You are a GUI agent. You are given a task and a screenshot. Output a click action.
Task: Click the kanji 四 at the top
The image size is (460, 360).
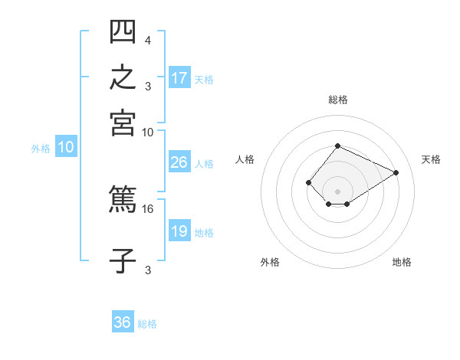[123, 31]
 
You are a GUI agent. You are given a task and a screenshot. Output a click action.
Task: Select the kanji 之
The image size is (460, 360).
[123, 77]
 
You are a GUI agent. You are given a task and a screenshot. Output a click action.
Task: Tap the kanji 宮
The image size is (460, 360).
[123, 123]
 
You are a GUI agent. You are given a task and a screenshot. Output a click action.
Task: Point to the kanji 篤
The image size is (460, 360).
[123, 198]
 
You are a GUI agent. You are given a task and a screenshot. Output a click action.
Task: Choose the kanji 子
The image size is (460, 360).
[123, 261]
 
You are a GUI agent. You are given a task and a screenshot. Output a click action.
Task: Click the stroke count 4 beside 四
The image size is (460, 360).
[148, 41]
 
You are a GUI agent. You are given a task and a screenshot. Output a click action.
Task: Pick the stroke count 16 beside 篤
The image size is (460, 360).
[147, 209]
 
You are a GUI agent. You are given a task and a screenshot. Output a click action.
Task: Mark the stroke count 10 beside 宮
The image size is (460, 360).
[147, 133]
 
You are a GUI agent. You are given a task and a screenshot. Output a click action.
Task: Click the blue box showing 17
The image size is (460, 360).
[180, 77]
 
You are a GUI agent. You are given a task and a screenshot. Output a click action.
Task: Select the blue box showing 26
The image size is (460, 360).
[180, 162]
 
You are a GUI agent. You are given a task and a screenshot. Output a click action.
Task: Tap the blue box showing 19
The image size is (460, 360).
[180, 230]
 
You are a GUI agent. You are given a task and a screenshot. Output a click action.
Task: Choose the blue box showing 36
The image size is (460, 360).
[123, 321]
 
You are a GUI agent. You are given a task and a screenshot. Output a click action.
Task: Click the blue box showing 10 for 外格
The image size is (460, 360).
[66, 146]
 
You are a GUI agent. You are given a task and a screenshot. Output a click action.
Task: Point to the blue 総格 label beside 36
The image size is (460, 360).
[147, 324]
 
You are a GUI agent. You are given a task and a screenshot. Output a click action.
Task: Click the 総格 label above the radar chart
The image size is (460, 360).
[338, 100]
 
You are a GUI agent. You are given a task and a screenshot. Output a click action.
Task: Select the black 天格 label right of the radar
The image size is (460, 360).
[431, 159]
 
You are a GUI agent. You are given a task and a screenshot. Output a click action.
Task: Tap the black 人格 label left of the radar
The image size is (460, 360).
[245, 159]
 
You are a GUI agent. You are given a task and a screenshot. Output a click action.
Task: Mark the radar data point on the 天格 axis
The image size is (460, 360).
[396, 172]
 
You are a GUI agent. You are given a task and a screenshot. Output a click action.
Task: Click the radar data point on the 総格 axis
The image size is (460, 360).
[338, 146]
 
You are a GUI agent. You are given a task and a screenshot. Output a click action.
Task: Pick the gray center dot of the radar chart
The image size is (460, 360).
[337, 191]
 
